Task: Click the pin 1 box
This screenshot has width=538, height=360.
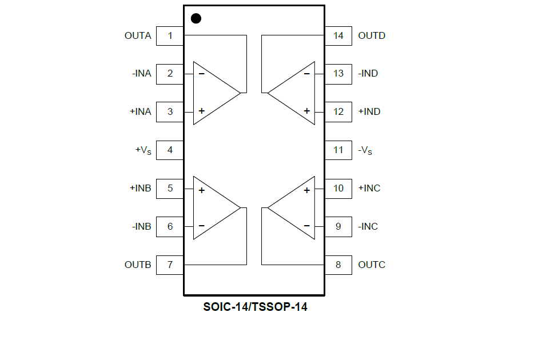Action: click(x=170, y=36)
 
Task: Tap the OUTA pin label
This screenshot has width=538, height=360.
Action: click(x=138, y=36)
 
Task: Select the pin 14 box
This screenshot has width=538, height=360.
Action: click(x=338, y=36)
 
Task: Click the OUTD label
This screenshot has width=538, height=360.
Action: click(x=372, y=36)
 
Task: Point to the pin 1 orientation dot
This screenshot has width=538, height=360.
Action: click(x=196, y=18)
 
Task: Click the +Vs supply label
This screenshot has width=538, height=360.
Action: click(x=144, y=150)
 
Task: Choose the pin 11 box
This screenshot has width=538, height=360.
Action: click(x=338, y=150)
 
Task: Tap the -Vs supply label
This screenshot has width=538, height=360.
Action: click(x=365, y=150)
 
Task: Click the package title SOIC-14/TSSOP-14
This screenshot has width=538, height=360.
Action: click(x=255, y=307)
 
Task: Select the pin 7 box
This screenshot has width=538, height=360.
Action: click(x=170, y=265)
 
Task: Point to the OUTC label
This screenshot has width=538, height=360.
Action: click(x=372, y=265)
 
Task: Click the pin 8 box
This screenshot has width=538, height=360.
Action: click(x=338, y=265)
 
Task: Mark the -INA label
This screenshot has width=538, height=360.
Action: click(x=142, y=74)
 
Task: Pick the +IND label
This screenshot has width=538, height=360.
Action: click(x=369, y=112)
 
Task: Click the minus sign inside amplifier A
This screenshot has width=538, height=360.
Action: click(x=202, y=74)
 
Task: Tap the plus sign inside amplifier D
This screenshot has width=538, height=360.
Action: click(x=307, y=111)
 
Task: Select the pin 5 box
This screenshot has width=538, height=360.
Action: click(x=170, y=189)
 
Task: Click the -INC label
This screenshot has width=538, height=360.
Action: click(x=368, y=227)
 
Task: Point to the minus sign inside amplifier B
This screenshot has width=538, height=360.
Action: click(x=202, y=226)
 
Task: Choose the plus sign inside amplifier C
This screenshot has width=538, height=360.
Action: click(x=307, y=190)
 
